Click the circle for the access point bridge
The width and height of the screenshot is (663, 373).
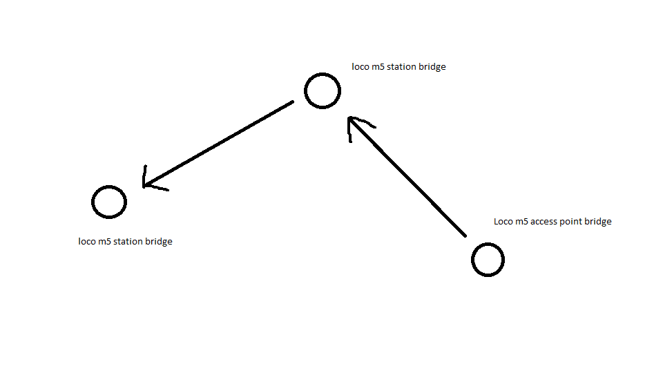point(488,244)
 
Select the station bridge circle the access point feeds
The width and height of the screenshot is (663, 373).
point(323,75)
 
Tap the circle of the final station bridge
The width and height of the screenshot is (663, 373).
point(109,186)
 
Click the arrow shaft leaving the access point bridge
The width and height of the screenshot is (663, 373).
point(407,177)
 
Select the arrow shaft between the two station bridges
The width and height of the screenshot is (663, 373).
point(218,144)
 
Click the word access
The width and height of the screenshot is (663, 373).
point(544,222)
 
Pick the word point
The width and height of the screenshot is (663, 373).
point(571,222)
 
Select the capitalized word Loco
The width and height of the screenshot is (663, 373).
point(503,222)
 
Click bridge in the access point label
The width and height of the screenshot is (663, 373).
point(598,222)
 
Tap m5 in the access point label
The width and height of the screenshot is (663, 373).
point(521,222)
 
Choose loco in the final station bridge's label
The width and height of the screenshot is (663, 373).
point(87,242)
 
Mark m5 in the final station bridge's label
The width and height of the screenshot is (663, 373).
point(104,242)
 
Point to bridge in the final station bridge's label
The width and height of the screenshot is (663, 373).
point(159,242)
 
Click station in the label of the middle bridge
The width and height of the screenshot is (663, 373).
point(402,67)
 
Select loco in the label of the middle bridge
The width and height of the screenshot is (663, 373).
point(361,67)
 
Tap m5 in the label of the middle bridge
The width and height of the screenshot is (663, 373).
point(378,67)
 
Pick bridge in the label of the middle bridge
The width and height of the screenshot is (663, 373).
point(432,67)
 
